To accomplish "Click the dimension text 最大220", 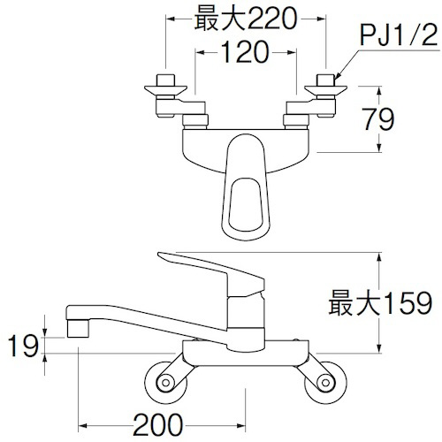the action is (245, 19).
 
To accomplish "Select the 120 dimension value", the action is (245, 52).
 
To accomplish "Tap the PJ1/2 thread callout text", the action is (399, 35).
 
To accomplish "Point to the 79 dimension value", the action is (378, 119).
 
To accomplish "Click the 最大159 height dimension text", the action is (380, 302).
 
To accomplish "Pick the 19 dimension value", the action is (23, 346).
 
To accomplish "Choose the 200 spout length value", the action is (158, 424).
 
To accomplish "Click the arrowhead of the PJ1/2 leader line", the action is (338, 76).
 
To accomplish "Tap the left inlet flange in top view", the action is (165, 89).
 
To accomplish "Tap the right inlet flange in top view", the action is (325, 89).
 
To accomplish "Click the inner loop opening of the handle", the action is (246, 203).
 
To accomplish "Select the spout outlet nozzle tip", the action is (78, 329).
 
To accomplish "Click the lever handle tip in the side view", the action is (158, 254).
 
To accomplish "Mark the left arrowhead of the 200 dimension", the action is (82, 425).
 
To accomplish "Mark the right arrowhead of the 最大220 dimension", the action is (322, 19).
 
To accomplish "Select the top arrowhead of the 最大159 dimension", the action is (379, 256).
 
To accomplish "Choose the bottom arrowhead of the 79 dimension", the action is (379, 148).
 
